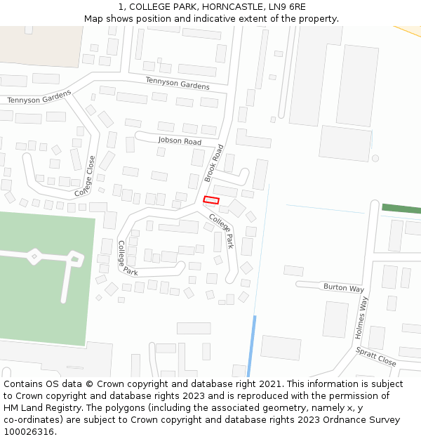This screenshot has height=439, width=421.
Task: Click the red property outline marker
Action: coord(211,200)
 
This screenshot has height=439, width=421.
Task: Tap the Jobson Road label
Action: coord(180,141)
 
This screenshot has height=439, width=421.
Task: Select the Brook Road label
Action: coord(214,163)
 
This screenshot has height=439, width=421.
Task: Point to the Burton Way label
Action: coord(343,288)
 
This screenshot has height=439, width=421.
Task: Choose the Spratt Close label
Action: coord(375,356)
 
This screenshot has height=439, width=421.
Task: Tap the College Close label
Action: coord(85,176)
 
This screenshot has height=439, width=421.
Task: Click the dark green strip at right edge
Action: coord(401,209)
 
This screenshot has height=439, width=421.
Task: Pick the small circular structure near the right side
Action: coord(375,159)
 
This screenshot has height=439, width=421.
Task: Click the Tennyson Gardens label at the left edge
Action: coord(39,96)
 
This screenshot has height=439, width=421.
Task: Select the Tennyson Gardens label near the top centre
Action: coord(178,83)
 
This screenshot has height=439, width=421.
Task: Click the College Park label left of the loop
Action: coord(127,257)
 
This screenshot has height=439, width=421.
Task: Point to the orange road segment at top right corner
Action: coord(410,31)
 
